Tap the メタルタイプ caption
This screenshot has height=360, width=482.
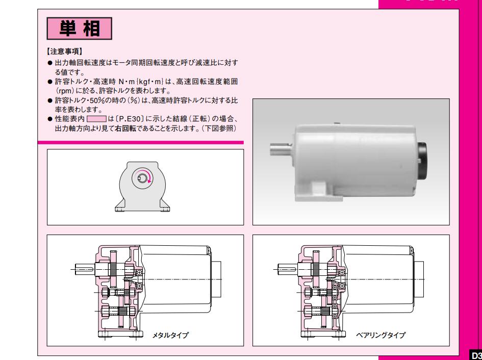[x=171, y=335]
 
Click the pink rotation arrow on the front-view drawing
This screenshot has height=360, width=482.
[x=149, y=176]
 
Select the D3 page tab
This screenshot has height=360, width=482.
[x=475, y=353]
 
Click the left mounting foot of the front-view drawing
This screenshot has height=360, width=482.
[x=121, y=205]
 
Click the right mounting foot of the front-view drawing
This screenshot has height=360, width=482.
[x=165, y=205]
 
